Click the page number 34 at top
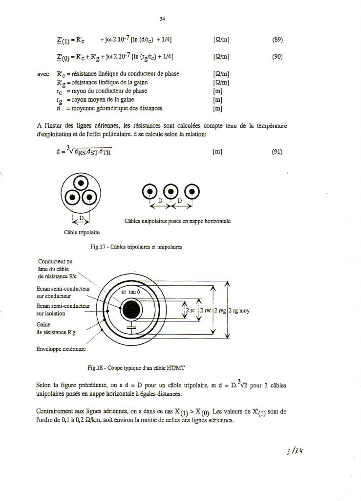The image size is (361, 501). point(163,19)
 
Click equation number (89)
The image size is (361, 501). point(277,40)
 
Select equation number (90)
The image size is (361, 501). point(277,56)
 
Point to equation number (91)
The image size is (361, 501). point(277,152)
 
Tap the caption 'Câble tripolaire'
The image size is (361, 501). point(78,233)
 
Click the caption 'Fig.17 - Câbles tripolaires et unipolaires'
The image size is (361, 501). point(136,247)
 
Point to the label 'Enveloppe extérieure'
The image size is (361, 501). point(61,349)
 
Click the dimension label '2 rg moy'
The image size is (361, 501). point(239,310)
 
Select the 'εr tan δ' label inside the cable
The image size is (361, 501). point(130,292)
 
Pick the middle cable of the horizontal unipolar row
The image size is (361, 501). point(171,191)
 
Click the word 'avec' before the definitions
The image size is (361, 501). point(43,74)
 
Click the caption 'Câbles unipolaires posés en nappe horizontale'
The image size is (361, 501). point(178,221)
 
